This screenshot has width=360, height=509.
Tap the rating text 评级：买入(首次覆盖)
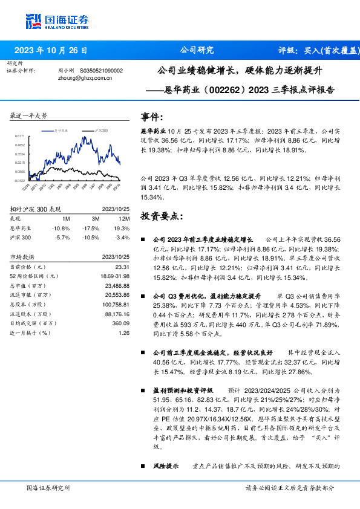[318, 50]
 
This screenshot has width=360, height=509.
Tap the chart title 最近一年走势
[28, 115]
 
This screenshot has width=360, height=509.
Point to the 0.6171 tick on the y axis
[20, 137]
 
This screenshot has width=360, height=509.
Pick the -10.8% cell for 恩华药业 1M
[62, 228]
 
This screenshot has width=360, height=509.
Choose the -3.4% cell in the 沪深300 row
[123, 238]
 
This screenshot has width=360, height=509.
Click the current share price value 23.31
[123, 267]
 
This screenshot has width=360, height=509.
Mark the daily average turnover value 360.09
[121, 323]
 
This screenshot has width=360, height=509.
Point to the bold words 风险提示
[165, 466]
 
